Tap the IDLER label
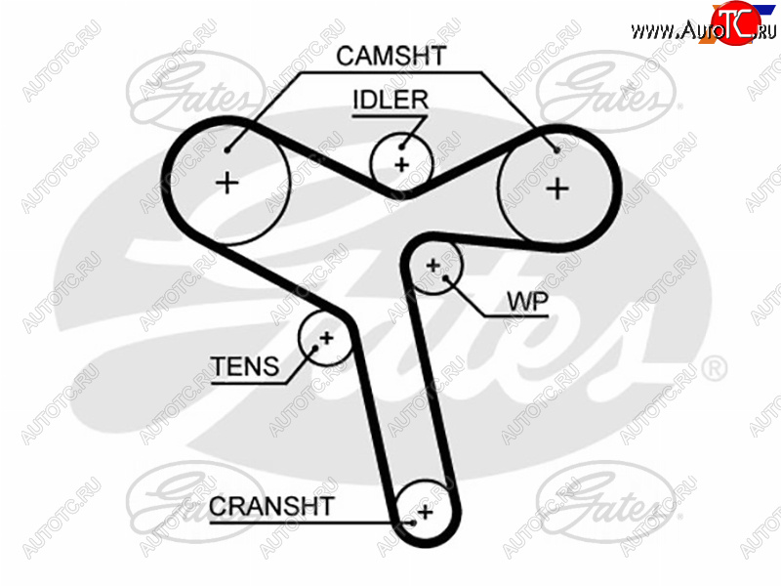click(x=390, y=100)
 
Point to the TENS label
click(x=244, y=367)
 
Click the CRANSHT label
click(x=271, y=506)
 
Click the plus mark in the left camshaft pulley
click(x=227, y=183)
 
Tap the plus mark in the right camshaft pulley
click(x=556, y=188)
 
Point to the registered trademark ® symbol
click(x=715, y=368)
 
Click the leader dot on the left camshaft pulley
click(x=226, y=149)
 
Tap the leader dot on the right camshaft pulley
click(x=557, y=149)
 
